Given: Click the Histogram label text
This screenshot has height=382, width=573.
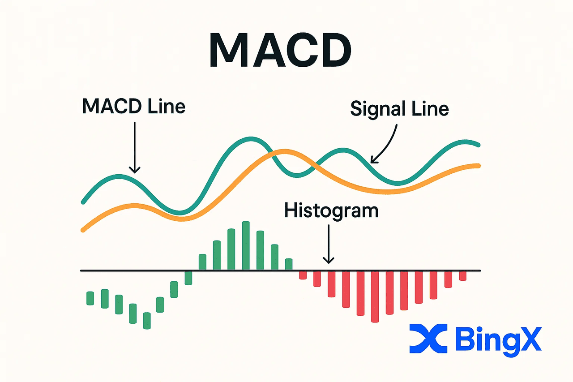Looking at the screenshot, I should pos(331,210).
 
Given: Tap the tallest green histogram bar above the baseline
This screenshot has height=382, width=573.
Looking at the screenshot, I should pos(245,245).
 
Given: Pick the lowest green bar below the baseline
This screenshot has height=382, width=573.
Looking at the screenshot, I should pos(147,321).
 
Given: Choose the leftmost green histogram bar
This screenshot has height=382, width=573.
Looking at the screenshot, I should pos(90,298).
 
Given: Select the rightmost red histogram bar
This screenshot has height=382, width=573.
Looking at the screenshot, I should pos(463,276).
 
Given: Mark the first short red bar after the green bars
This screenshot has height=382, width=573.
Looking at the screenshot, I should pos(303,275).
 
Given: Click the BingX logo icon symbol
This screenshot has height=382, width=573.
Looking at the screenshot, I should pos(428,339).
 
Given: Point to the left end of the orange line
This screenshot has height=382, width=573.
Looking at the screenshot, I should pos(84,230).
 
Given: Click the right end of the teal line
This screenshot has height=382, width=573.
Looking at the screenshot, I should pos(478,145).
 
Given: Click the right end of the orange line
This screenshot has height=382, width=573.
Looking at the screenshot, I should pos(478,166).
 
